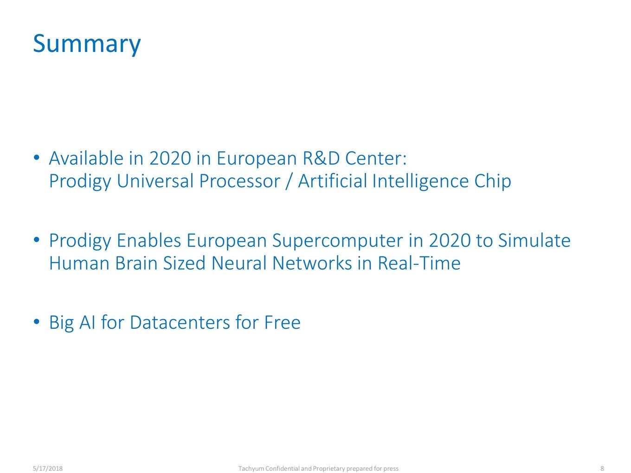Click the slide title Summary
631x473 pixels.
tap(87, 44)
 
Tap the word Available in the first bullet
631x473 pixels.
tap(86, 158)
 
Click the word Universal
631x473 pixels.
tap(155, 181)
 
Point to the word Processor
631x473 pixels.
tap(239, 181)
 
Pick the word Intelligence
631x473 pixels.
tap(420, 181)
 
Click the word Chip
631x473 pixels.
tap(492, 181)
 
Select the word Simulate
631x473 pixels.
tap(534, 240)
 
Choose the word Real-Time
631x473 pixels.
tap(419, 263)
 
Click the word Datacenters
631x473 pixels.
tap(180, 322)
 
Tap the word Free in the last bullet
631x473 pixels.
tap(282, 322)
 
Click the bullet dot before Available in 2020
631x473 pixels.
tap(36, 157)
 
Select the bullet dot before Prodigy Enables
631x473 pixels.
tap(36, 240)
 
